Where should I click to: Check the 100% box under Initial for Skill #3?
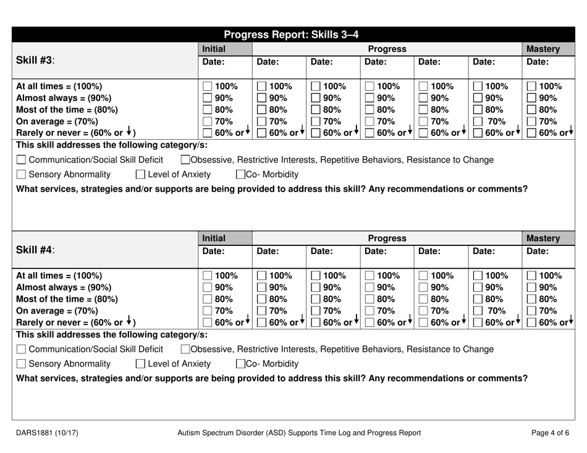208,87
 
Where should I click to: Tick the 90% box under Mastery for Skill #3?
532,99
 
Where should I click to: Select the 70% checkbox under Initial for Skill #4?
208,312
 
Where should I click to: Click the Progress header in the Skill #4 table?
387,237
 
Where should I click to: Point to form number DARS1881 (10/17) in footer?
46,433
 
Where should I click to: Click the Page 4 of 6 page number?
551,433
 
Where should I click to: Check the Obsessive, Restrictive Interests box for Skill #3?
185,161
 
